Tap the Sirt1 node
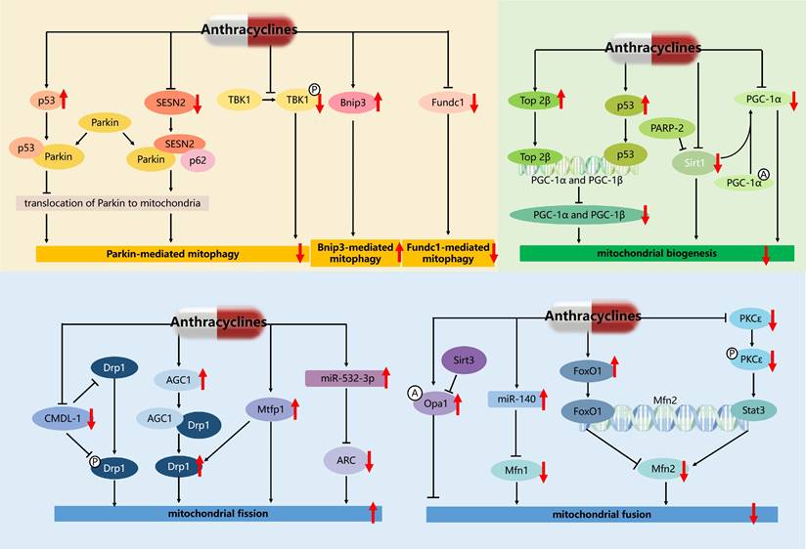click(x=691, y=166)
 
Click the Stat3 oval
click(x=750, y=413)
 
